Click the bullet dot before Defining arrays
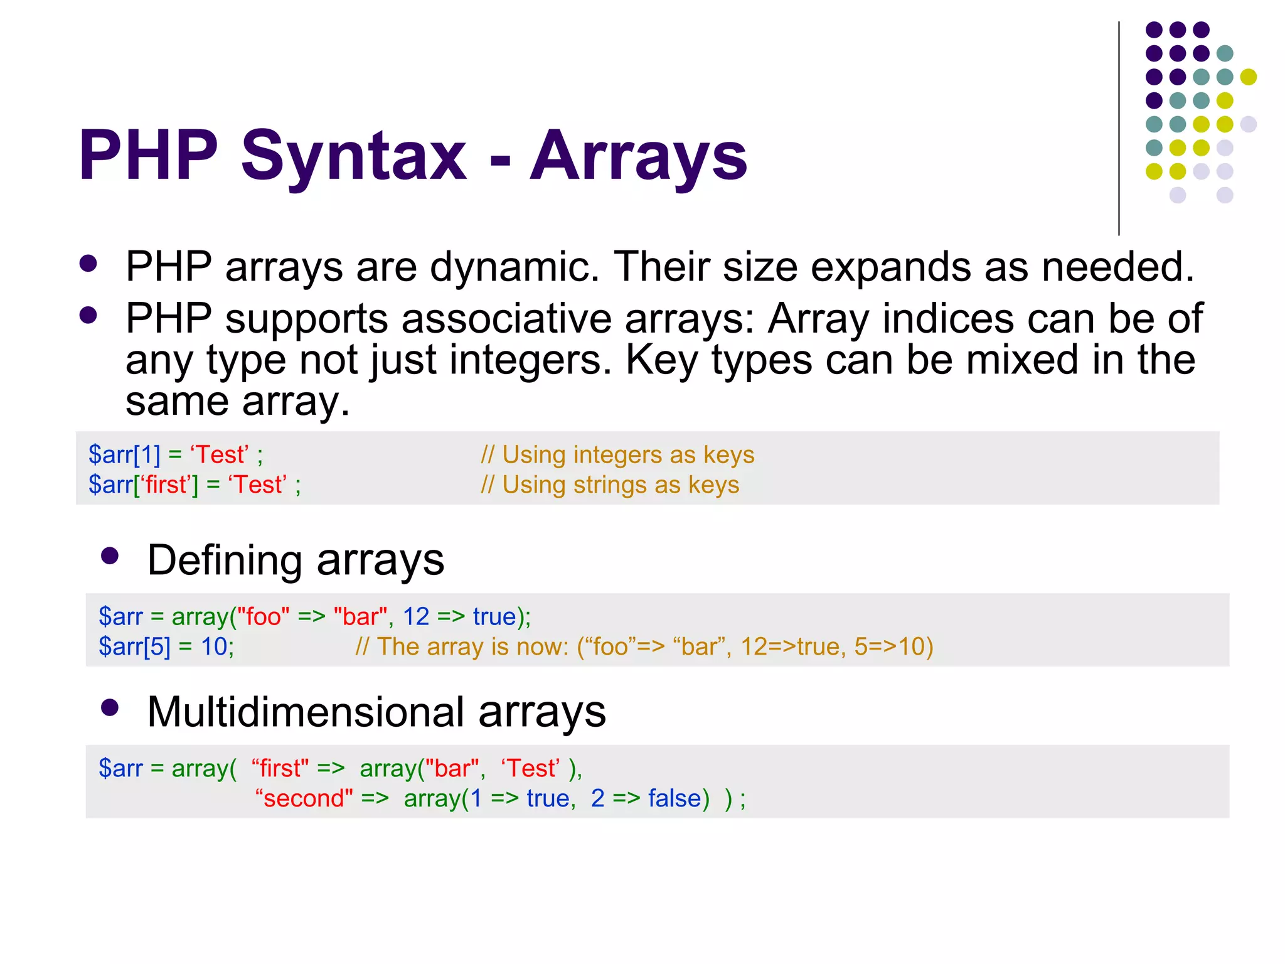110,556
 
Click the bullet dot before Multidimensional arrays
110,708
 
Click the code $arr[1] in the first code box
124,454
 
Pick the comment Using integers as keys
617,454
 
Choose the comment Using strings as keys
610,485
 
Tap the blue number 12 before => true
415,616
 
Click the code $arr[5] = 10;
166,646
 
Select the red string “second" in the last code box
304,798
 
